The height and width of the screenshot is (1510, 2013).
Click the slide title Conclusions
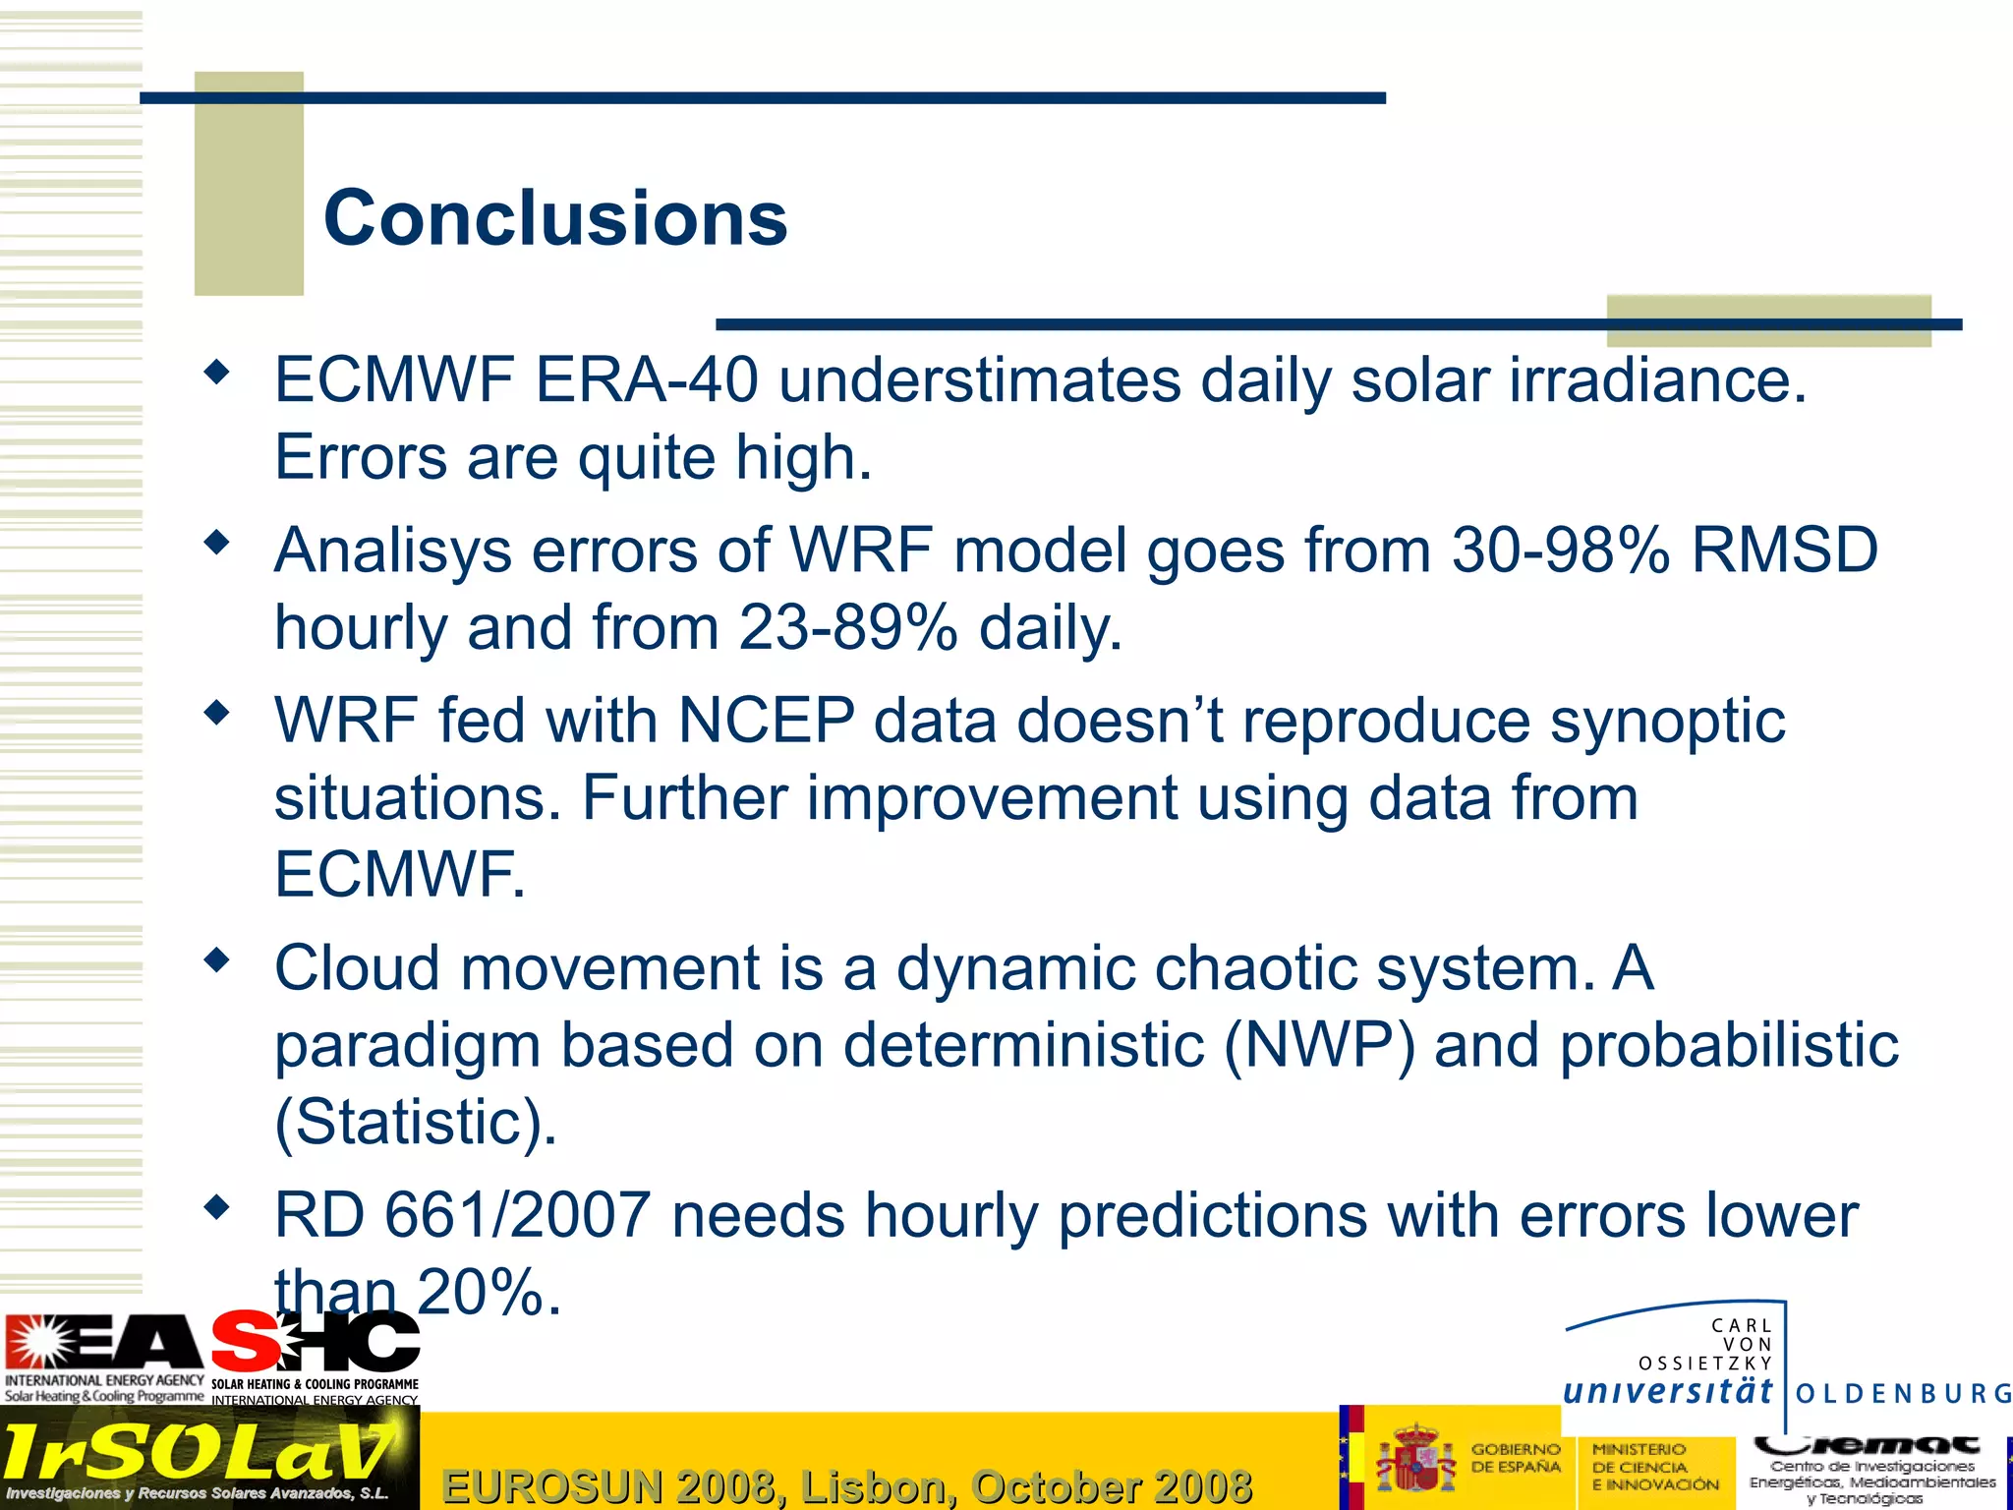(555, 218)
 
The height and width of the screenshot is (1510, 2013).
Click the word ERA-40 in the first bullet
(646, 380)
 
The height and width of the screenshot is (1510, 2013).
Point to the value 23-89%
(847, 628)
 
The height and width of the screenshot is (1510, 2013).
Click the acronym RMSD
(1784, 551)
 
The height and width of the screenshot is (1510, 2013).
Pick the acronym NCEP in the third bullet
(766, 721)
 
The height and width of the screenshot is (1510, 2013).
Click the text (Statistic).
(415, 1122)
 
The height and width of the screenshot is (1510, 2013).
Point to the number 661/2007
(517, 1216)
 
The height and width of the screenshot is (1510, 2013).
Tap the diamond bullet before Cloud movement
(216, 960)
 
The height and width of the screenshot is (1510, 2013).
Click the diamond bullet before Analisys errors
(216, 542)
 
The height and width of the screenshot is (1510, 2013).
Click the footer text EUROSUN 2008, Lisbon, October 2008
(846, 1485)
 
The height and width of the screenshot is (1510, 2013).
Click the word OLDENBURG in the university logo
(1903, 1394)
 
